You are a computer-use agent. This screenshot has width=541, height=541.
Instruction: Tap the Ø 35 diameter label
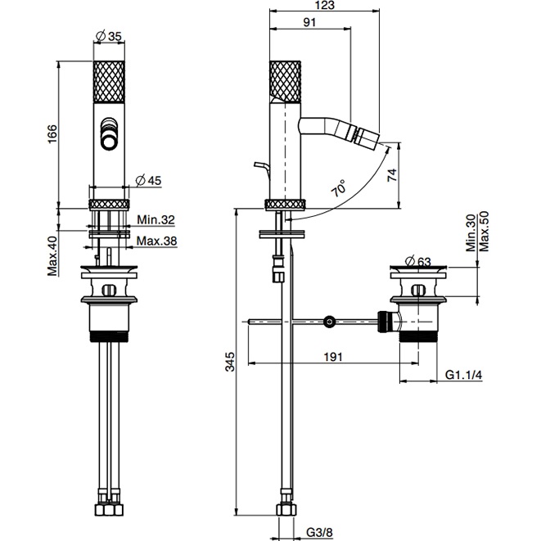click(109, 37)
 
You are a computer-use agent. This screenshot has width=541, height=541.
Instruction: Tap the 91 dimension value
click(310, 24)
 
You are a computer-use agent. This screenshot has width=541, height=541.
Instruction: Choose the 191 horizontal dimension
click(331, 357)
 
